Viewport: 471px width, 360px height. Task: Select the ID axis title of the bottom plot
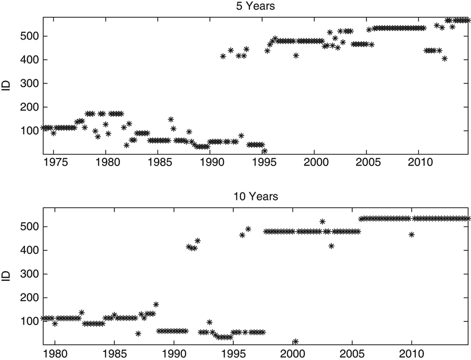click(6, 276)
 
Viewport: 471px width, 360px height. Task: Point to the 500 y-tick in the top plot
click(29, 36)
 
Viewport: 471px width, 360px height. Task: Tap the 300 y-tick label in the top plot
click(29, 83)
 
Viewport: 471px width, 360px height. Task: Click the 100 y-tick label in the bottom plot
click(29, 321)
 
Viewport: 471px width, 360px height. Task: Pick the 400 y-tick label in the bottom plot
click(29, 250)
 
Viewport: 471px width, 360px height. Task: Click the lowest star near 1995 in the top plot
click(264, 151)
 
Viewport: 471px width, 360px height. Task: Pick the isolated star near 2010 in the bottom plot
click(412, 234)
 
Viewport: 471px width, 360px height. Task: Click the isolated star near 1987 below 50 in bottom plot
click(138, 334)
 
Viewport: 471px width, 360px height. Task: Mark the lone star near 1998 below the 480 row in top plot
click(296, 55)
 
